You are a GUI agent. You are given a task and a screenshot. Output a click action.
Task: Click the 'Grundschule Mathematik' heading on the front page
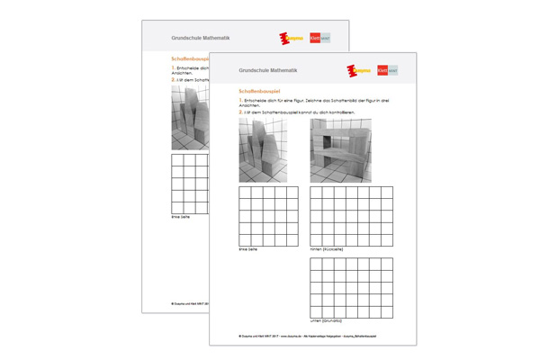267,69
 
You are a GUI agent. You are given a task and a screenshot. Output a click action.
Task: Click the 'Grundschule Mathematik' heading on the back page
200,38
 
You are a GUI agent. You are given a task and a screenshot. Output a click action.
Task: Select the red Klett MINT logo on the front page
382,70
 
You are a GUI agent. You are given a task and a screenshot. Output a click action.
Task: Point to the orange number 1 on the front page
240,101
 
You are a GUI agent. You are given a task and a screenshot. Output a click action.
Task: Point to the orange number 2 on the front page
240,112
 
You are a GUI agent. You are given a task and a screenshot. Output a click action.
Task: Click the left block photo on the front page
263,150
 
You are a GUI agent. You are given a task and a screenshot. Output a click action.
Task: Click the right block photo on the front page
339,150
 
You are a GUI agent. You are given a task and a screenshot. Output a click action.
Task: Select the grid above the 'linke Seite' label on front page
268,215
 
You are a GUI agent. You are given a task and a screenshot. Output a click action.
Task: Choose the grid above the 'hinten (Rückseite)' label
351,215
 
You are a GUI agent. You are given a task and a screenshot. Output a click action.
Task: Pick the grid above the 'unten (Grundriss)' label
351,287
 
